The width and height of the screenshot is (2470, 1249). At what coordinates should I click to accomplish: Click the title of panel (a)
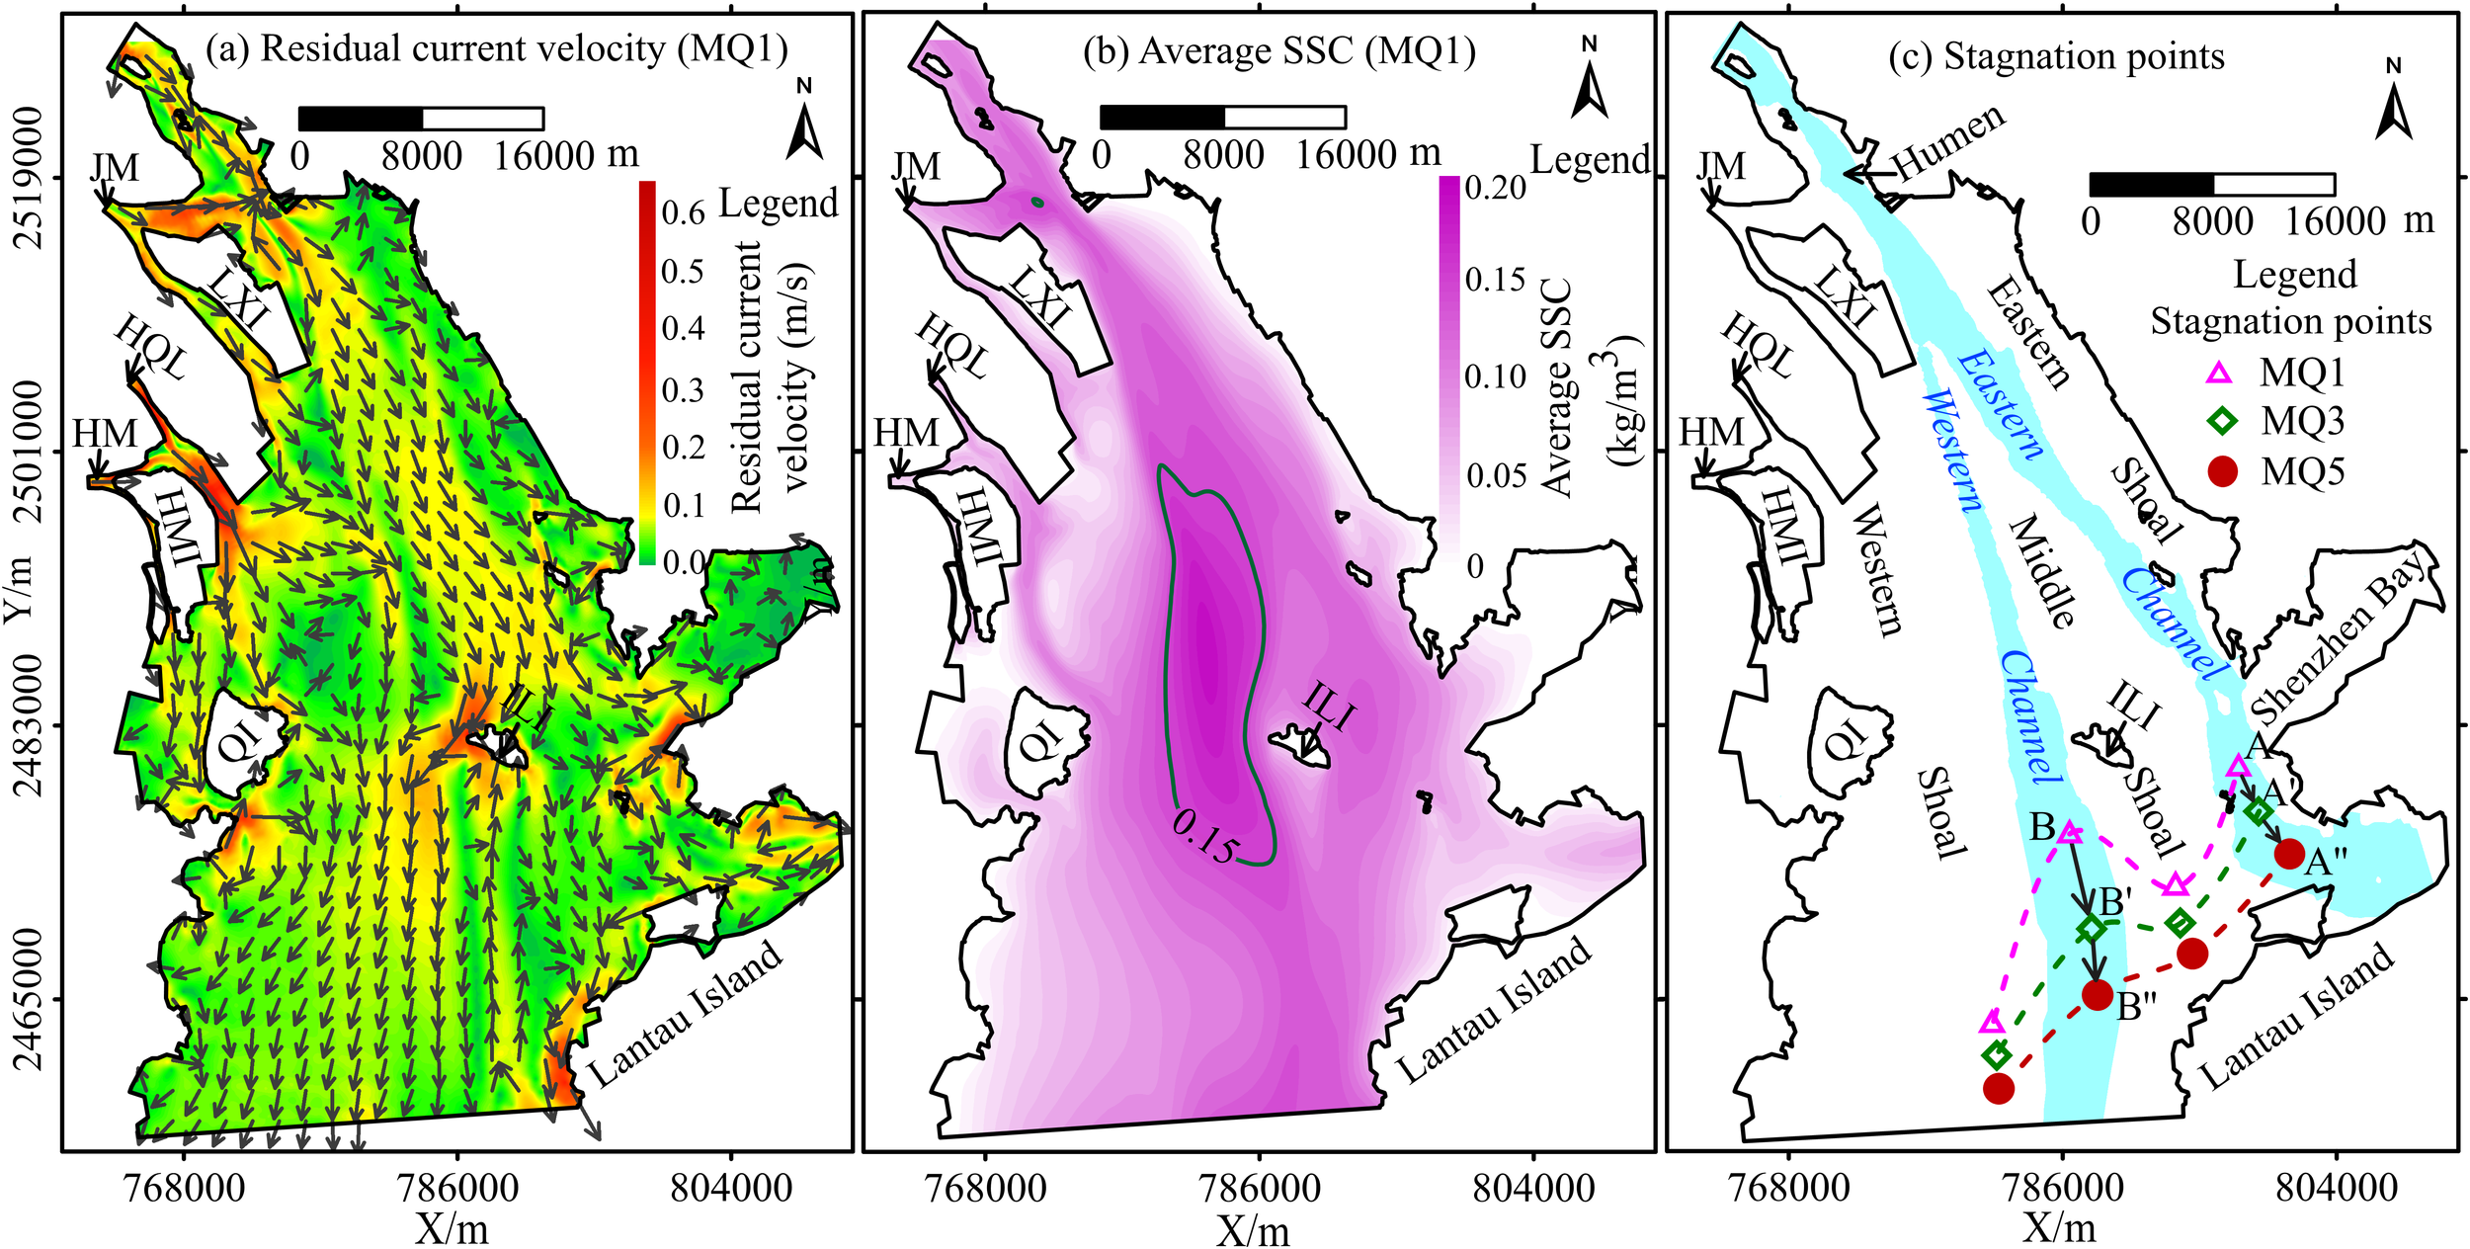click(497, 49)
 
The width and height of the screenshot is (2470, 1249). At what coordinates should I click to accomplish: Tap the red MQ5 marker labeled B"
click(2098, 995)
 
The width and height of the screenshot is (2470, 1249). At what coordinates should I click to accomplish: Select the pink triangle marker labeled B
click(2071, 833)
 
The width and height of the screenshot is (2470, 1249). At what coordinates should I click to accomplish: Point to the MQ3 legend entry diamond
click(2221, 422)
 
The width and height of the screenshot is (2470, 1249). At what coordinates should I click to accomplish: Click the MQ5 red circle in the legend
click(2222, 471)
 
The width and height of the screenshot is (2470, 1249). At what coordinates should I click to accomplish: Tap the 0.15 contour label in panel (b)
click(1204, 836)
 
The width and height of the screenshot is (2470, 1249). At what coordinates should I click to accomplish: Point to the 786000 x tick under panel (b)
click(1258, 1187)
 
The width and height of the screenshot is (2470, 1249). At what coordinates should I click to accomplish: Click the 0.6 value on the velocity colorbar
click(683, 212)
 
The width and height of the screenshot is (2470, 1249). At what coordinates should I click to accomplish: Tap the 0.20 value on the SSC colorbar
click(1495, 188)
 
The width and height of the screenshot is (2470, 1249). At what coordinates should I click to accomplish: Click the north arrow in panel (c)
click(2393, 104)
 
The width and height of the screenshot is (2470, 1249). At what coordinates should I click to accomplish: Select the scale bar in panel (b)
click(1222, 118)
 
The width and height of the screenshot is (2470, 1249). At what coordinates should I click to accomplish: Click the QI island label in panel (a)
click(237, 739)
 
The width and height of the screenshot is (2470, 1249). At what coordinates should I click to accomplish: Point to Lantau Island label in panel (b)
click(1494, 1011)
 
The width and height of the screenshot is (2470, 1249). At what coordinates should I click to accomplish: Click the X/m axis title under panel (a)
click(452, 1228)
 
